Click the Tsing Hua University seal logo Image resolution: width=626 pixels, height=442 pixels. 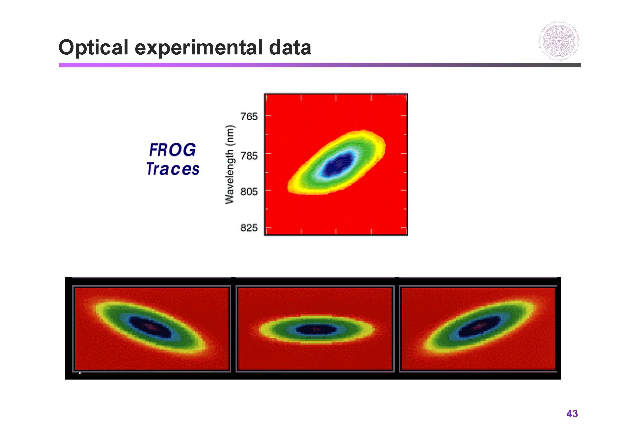559,41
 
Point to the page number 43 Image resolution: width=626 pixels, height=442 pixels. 572,414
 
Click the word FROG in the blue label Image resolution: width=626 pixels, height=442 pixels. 172,150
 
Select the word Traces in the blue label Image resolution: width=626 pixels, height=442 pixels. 173,169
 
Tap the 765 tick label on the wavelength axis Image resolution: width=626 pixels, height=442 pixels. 249,117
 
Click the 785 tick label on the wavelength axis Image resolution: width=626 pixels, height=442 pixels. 249,156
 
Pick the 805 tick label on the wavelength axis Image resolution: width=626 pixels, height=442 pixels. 249,191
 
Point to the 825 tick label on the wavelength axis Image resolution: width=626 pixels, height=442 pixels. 249,228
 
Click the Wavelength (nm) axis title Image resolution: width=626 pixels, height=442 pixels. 229,165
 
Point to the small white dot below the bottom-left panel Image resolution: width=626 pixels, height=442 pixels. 80,373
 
